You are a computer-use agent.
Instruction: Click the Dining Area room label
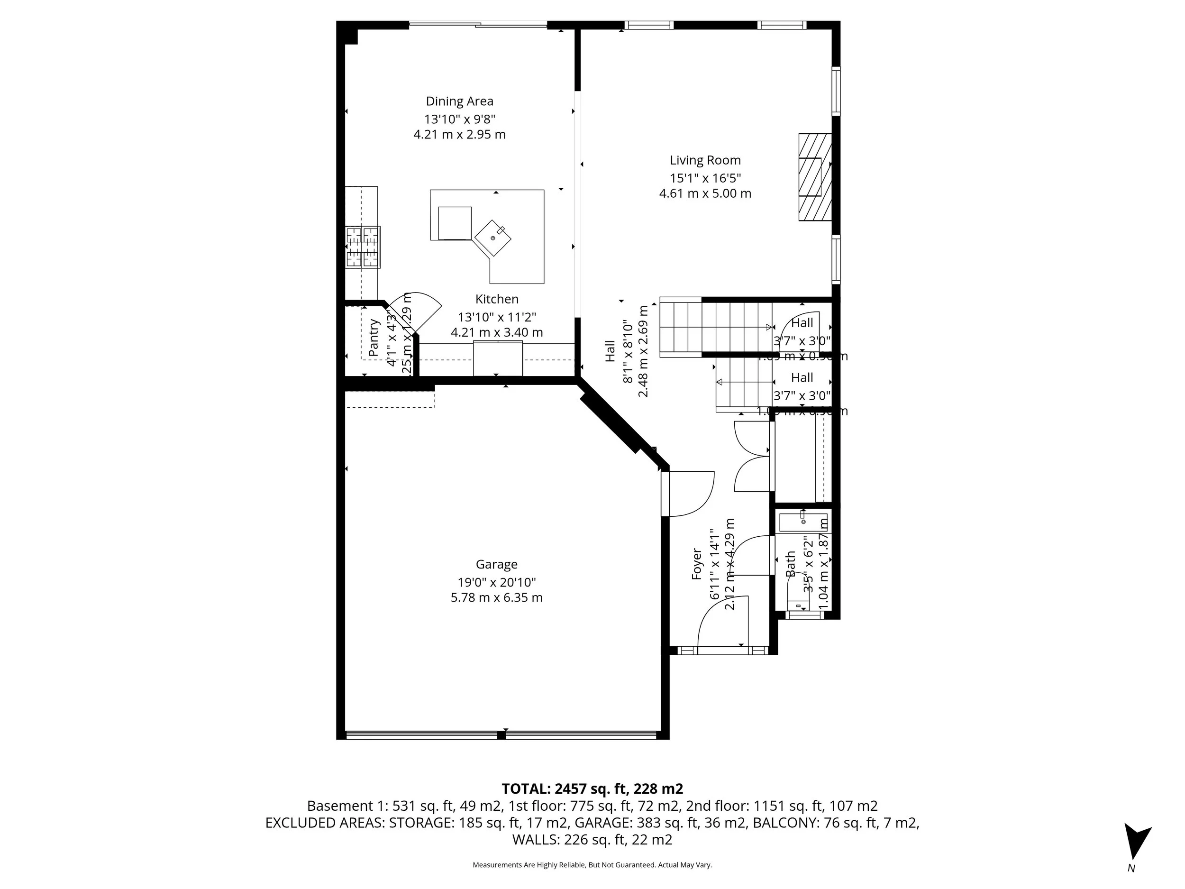coord(459,101)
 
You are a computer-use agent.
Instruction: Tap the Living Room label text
coord(705,160)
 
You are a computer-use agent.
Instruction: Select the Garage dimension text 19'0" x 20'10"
coord(496,582)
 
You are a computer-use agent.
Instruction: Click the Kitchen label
coord(497,299)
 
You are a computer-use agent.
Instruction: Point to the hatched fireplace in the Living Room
coord(814,177)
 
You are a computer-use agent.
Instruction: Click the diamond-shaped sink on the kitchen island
coord(493,238)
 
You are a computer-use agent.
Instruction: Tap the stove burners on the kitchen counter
coord(363,247)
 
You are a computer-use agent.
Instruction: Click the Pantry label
coord(374,338)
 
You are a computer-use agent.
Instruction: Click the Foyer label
coord(696,564)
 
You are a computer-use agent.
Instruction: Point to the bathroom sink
coord(802,522)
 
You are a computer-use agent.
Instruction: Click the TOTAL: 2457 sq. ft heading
coord(592,789)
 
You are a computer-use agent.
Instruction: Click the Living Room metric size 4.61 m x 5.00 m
coord(705,193)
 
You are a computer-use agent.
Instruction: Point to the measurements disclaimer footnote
coord(592,865)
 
